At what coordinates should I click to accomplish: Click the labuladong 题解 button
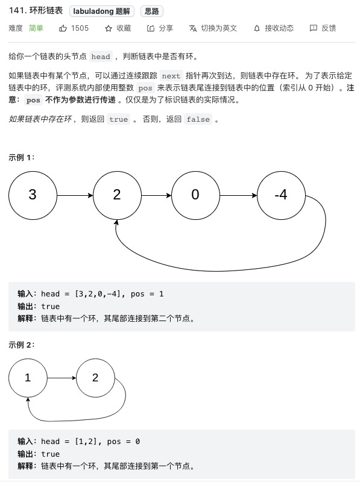pyautogui.click(x=101, y=11)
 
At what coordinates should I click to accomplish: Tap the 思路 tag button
pyautogui.click(x=152, y=11)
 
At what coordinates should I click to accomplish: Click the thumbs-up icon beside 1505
pyautogui.click(x=63, y=28)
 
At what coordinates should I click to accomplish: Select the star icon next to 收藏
pyautogui.click(x=109, y=28)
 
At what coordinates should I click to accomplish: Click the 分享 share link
pyautogui.click(x=160, y=28)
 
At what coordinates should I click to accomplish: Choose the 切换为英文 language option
pyautogui.click(x=213, y=28)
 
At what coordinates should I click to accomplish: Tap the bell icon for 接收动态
pyautogui.click(x=257, y=28)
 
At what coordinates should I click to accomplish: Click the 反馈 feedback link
pyautogui.click(x=323, y=28)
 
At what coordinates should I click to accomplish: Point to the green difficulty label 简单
pyautogui.click(x=36, y=28)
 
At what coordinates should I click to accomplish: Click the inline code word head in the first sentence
pyautogui.click(x=101, y=57)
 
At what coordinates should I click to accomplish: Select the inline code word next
pyautogui.click(x=171, y=76)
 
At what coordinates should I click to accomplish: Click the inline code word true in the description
pyautogui.click(x=118, y=119)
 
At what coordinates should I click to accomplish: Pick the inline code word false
pyautogui.click(x=198, y=119)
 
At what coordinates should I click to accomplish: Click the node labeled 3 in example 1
pyautogui.click(x=33, y=195)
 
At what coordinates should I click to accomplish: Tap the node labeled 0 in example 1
pyautogui.click(x=196, y=195)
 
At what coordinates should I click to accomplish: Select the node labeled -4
pyautogui.click(x=281, y=195)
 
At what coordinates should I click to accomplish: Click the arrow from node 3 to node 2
pyautogui.click(x=75, y=195)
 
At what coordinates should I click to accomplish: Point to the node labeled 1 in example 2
pyautogui.click(x=28, y=378)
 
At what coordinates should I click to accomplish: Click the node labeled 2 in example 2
pyautogui.click(x=95, y=378)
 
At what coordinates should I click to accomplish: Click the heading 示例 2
pyautogui.click(x=22, y=345)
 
